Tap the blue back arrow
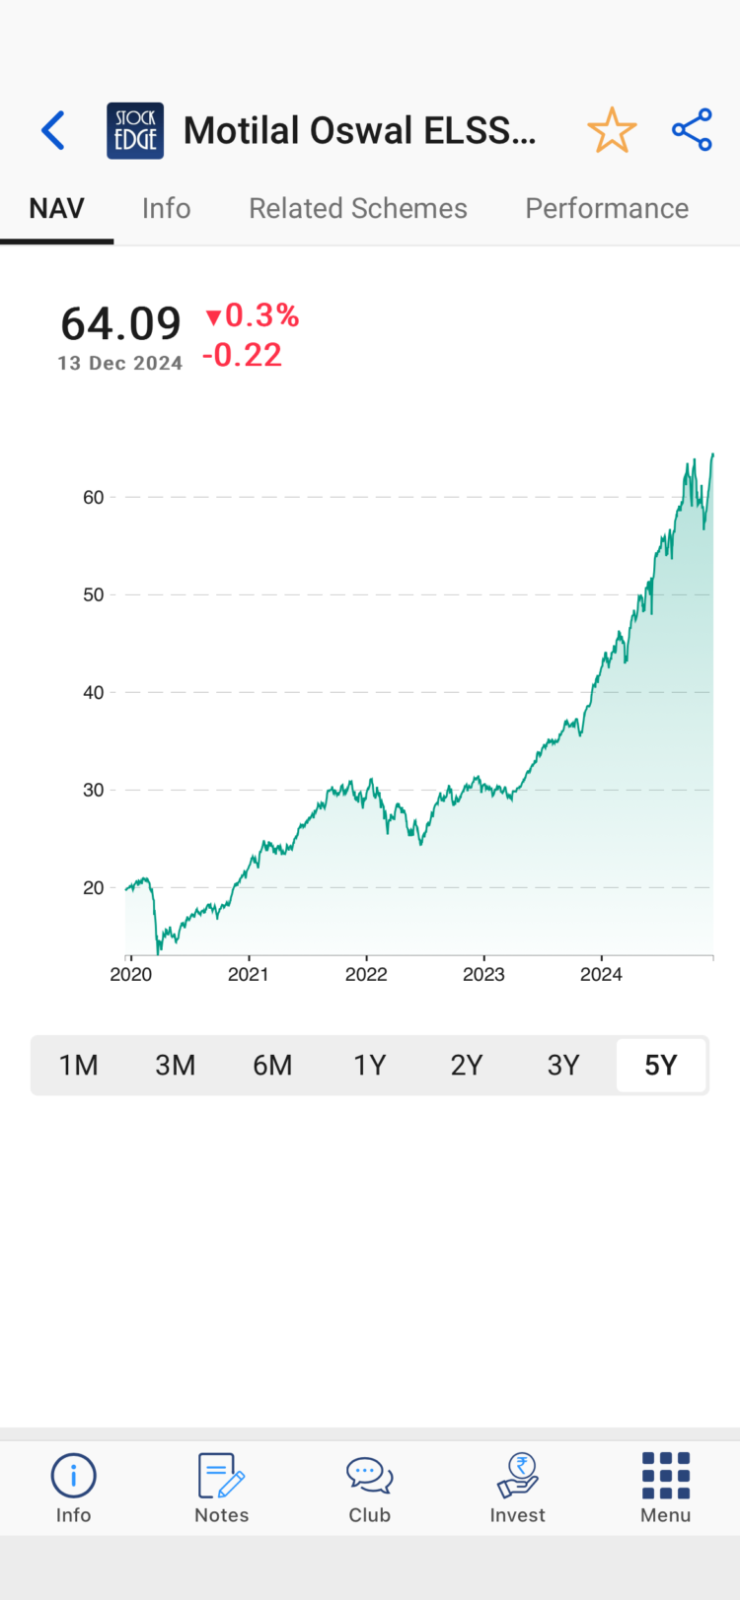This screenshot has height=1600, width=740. point(53,130)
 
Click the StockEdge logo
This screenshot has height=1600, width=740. point(135,130)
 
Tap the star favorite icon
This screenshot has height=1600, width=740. point(612,130)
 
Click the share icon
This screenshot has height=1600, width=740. point(692,130)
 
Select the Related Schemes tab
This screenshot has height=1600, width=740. point(357,208)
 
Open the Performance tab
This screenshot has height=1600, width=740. point(607,208)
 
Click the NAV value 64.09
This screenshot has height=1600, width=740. point(120,323)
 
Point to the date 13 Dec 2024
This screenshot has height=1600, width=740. point(120,363)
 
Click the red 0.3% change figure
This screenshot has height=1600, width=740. point(253,315)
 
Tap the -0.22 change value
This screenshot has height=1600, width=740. point(243,355)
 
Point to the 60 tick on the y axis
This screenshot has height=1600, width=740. point(94,498)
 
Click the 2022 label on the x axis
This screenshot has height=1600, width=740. point(366,975)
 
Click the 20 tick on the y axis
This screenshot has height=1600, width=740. point(94,888)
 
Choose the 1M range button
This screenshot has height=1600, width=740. point(79,1065)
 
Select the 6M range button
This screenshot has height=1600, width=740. point(272,1065)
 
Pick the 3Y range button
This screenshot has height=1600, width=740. point(563,1065)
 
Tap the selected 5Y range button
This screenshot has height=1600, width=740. point(661,1065)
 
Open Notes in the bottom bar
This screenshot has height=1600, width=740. point(221,1488)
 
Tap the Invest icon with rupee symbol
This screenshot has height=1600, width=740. point(517,1477)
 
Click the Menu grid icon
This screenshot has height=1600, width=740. point(665,1477)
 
